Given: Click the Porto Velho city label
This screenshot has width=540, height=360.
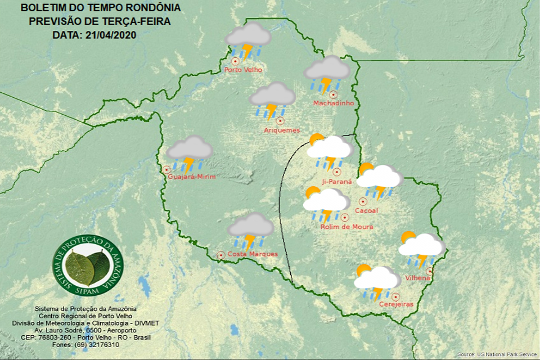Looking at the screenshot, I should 243,70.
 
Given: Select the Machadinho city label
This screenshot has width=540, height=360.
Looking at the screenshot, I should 333,103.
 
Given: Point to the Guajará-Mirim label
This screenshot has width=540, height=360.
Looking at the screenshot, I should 192,177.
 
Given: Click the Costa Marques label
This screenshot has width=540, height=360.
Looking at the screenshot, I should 253,254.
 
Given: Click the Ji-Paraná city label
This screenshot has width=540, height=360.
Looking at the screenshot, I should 336,182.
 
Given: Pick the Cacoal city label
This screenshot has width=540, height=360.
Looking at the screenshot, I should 366,211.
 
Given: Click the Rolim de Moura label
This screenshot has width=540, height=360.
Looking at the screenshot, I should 346,227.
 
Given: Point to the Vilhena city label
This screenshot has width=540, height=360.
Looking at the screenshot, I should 418,278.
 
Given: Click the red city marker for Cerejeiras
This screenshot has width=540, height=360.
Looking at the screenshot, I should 396,296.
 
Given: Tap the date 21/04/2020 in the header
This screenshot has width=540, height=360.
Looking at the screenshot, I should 111,34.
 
